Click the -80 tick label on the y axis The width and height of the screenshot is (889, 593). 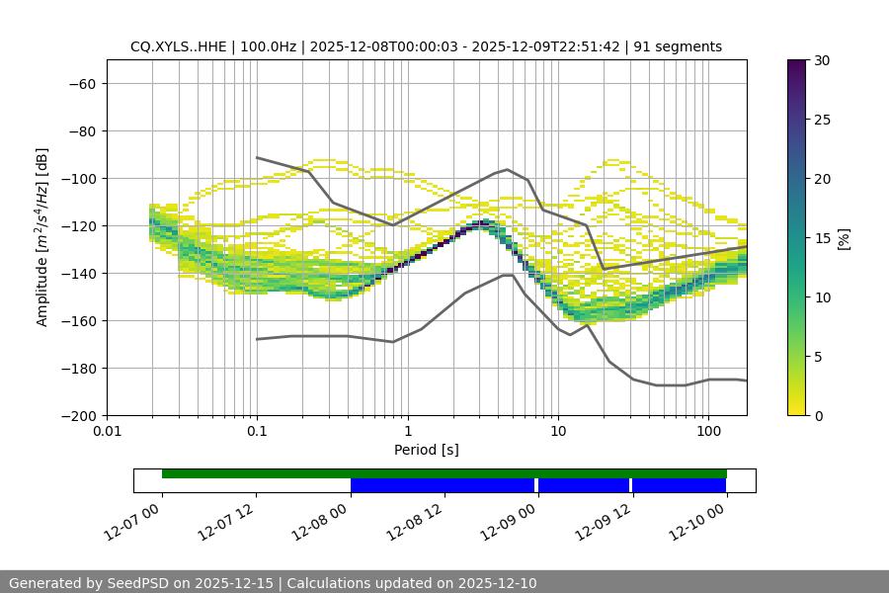point(81,131)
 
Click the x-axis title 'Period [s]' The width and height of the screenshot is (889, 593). point(426,450)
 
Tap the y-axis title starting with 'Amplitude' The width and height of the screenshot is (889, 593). point(41,237)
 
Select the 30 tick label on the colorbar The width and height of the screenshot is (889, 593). point(822,60)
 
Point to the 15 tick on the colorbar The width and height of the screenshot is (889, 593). point(822,238)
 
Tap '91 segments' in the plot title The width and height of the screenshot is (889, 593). point(678,46)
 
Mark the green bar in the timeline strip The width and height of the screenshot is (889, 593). point(444,473)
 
